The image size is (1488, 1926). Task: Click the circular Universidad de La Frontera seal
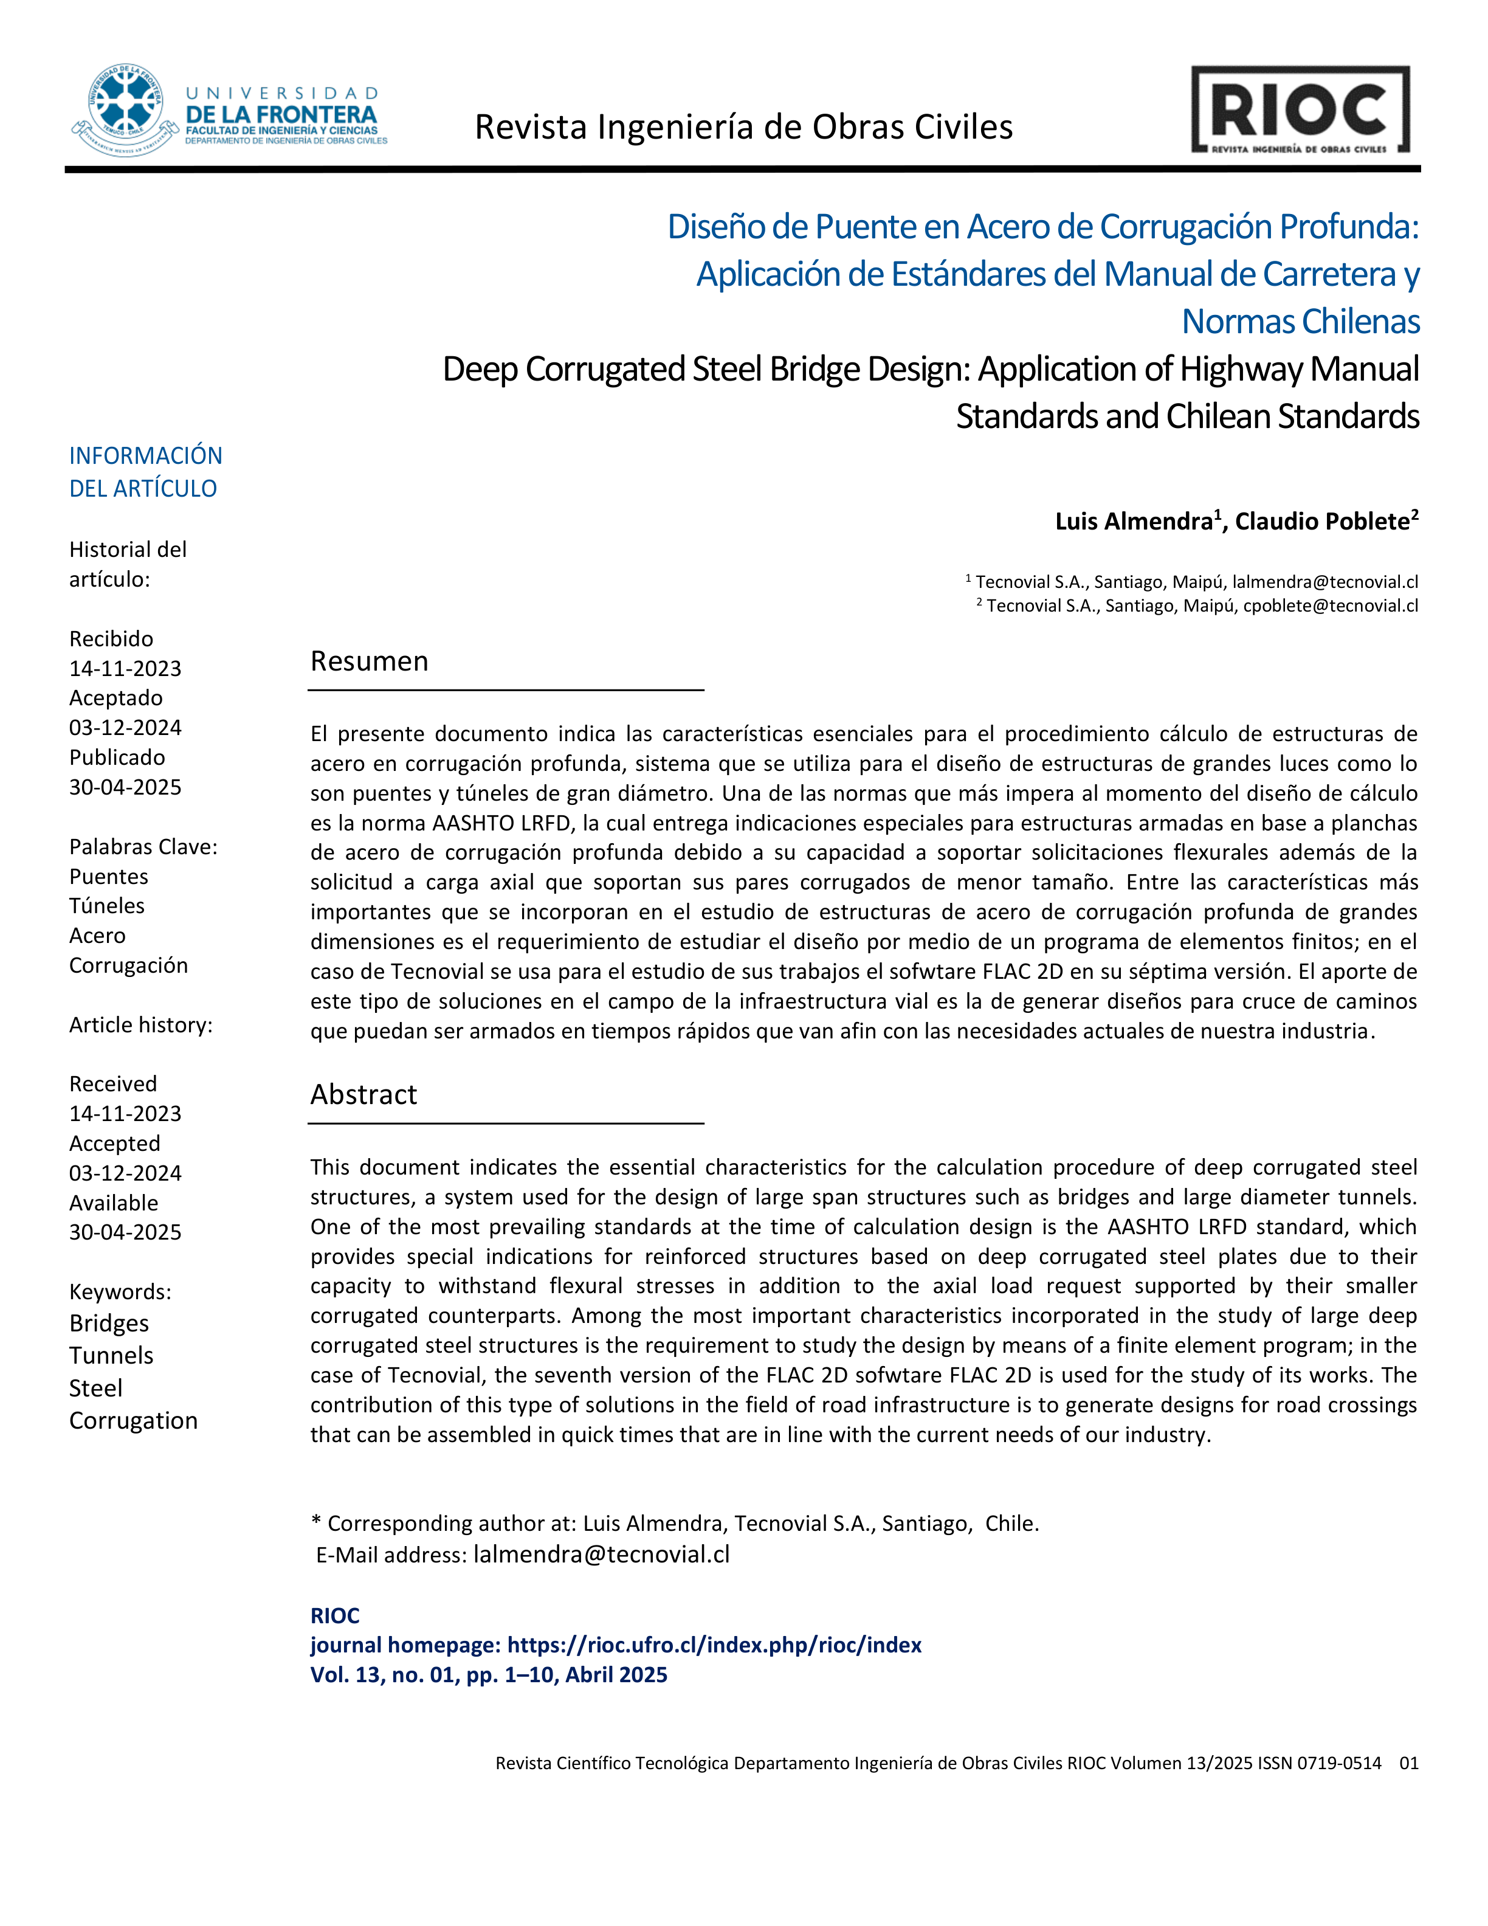pos(125,109)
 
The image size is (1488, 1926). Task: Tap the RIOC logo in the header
pos(1300,110)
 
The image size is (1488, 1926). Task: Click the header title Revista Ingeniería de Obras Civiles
pos(743,128)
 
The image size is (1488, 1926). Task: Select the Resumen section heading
pos(370,661)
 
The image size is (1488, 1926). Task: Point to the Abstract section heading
pos(363,1094)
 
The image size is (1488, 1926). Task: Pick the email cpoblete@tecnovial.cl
pos(1330,606)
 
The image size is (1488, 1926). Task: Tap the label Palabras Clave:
pos(143,847)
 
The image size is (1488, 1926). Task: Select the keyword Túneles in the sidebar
pos(106,906)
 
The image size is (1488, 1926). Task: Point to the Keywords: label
pos(120,1292)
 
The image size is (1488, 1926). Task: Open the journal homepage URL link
pos(714,1645)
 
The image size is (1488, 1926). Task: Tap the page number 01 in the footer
pos(1408,1763)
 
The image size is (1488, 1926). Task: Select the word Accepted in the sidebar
pos(115,1144)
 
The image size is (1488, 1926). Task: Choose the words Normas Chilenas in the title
pos(1300,322)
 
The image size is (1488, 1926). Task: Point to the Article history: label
pos(141,1025)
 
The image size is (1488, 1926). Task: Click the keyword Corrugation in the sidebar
pos(133,1421)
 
